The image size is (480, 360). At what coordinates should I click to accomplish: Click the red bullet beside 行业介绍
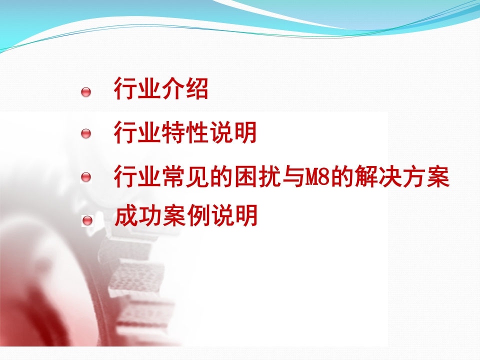click(86, 92)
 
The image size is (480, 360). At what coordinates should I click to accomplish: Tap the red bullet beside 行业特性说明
click(86, 133)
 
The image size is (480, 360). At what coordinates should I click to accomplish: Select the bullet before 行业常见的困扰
click(86, 177)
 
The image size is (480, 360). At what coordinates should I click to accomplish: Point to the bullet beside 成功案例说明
click(87, 220)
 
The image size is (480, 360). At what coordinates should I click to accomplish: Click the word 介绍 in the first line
click(185, 88)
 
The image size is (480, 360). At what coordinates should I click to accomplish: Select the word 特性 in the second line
click(185, 132)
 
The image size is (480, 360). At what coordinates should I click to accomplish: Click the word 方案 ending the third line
click(426, 176)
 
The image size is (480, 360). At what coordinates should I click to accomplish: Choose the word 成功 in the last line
click(138, 215)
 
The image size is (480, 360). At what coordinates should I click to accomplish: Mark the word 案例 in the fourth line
click(186, 215)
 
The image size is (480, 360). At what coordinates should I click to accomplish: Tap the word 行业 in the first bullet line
click(137, 88)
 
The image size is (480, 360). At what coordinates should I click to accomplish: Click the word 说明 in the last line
click(234, 215)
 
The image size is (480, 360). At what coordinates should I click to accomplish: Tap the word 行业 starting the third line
click(137, 176)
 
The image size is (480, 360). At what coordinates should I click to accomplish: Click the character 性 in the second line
click(197, 132)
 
